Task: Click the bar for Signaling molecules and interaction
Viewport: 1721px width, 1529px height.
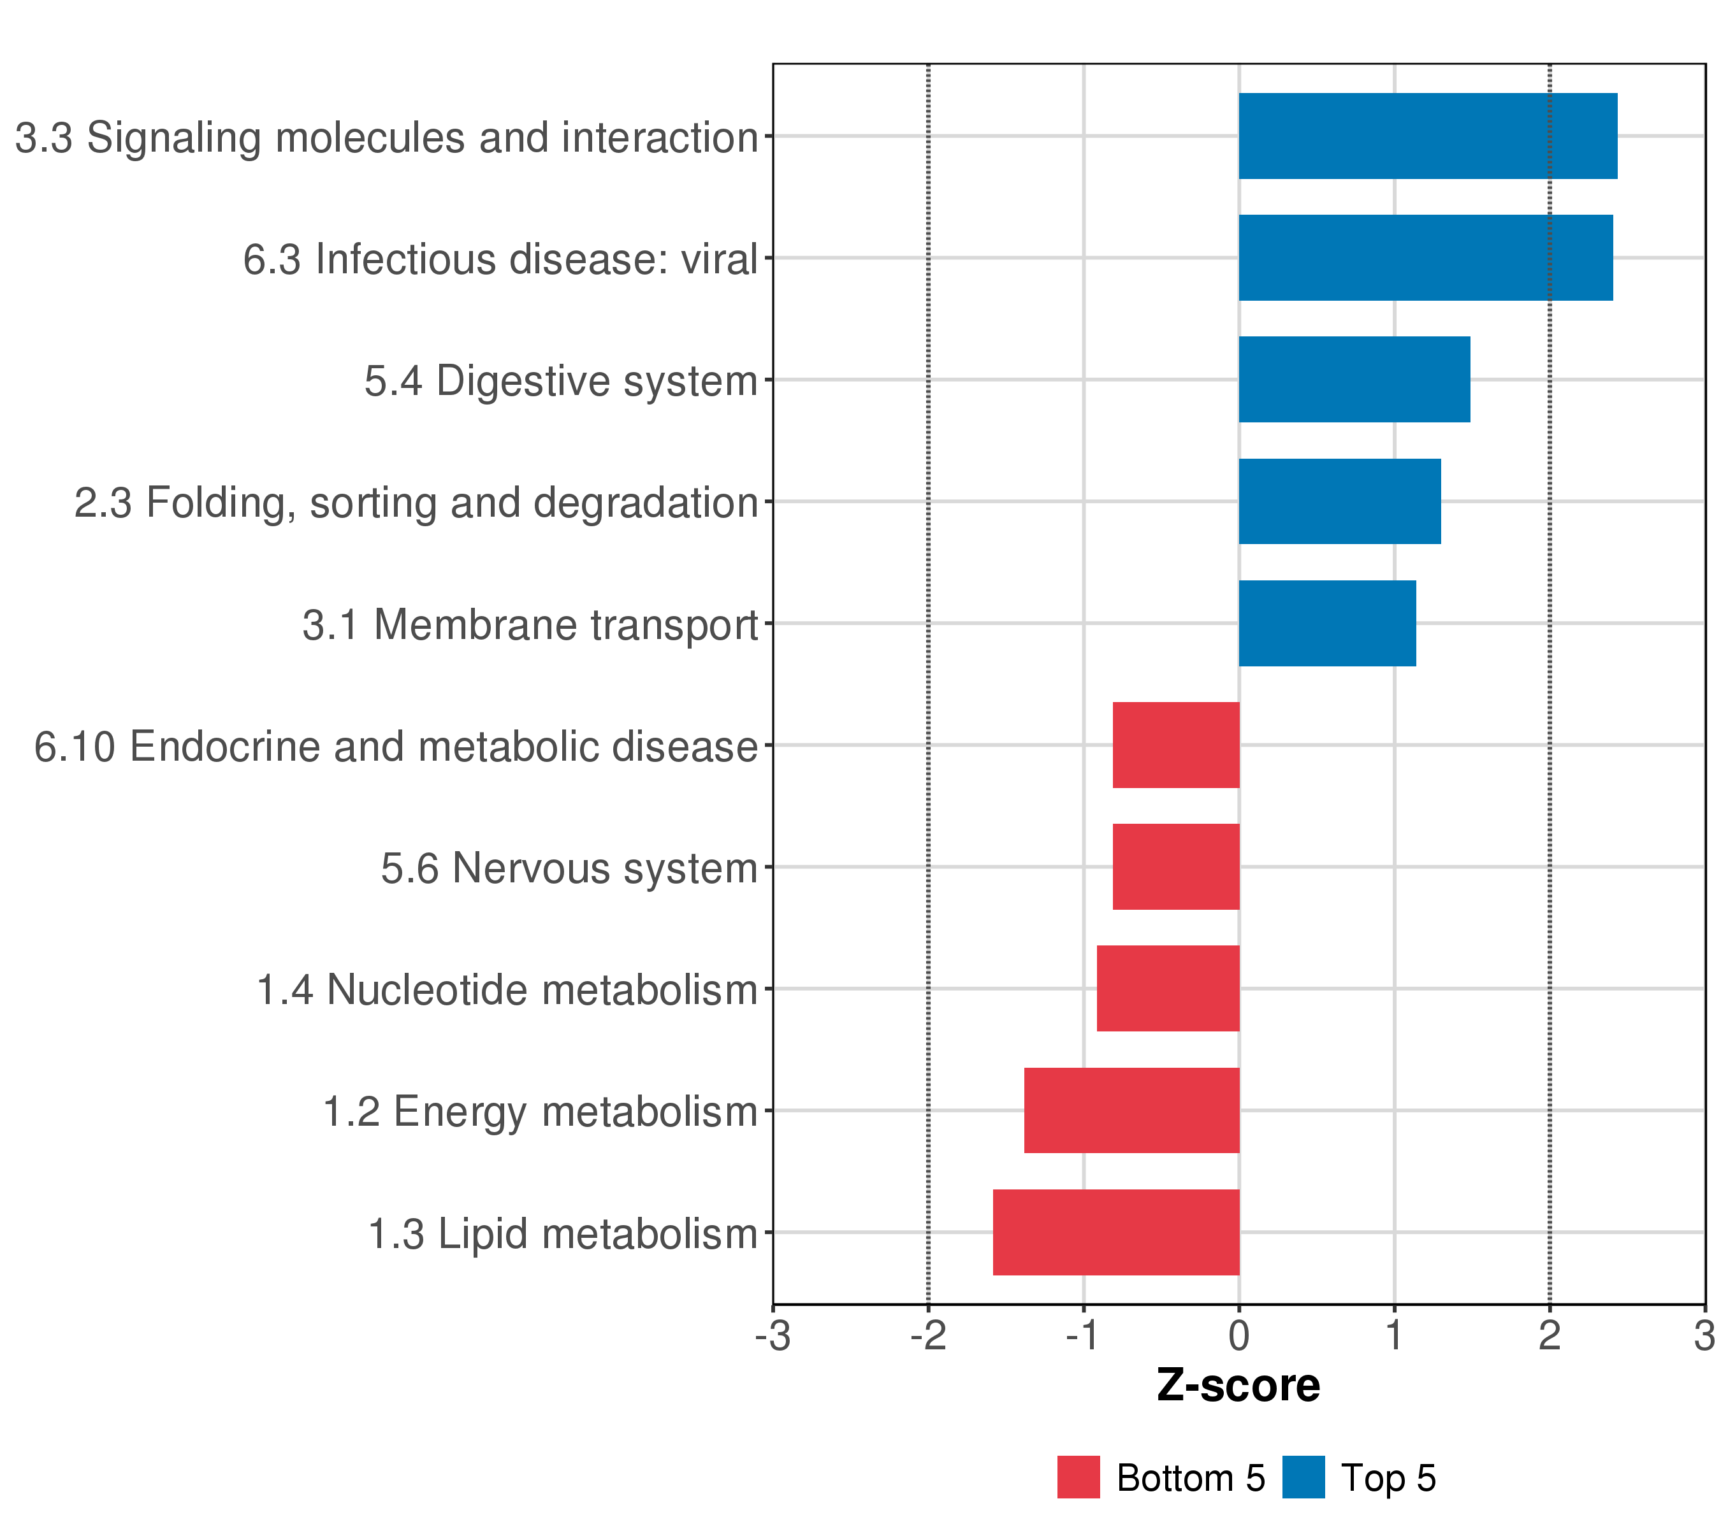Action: [1427, 136]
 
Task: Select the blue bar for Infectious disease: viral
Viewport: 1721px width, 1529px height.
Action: [1425, 257]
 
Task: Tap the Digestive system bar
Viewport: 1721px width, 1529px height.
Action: [1354, 380]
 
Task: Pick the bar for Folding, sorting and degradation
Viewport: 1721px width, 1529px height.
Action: [1340, 501]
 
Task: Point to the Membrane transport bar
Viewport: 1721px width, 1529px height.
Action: [1327, 624]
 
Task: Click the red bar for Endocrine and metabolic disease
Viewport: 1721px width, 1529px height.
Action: [1175, 745]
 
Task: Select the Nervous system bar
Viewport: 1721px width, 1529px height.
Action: [1175, 866]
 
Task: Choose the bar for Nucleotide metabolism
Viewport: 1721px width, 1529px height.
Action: [1168, 989]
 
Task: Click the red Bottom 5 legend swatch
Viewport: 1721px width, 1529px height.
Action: [1078, 1477]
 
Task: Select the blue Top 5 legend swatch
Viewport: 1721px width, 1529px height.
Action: [1303, 1477]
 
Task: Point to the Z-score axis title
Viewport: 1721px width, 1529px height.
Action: [1238, 1385]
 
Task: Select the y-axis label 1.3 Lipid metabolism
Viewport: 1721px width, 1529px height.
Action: [563, 1233]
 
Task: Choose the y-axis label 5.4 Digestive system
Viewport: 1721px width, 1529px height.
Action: [561, 380]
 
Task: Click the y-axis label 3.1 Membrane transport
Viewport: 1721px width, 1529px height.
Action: [530, 624]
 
